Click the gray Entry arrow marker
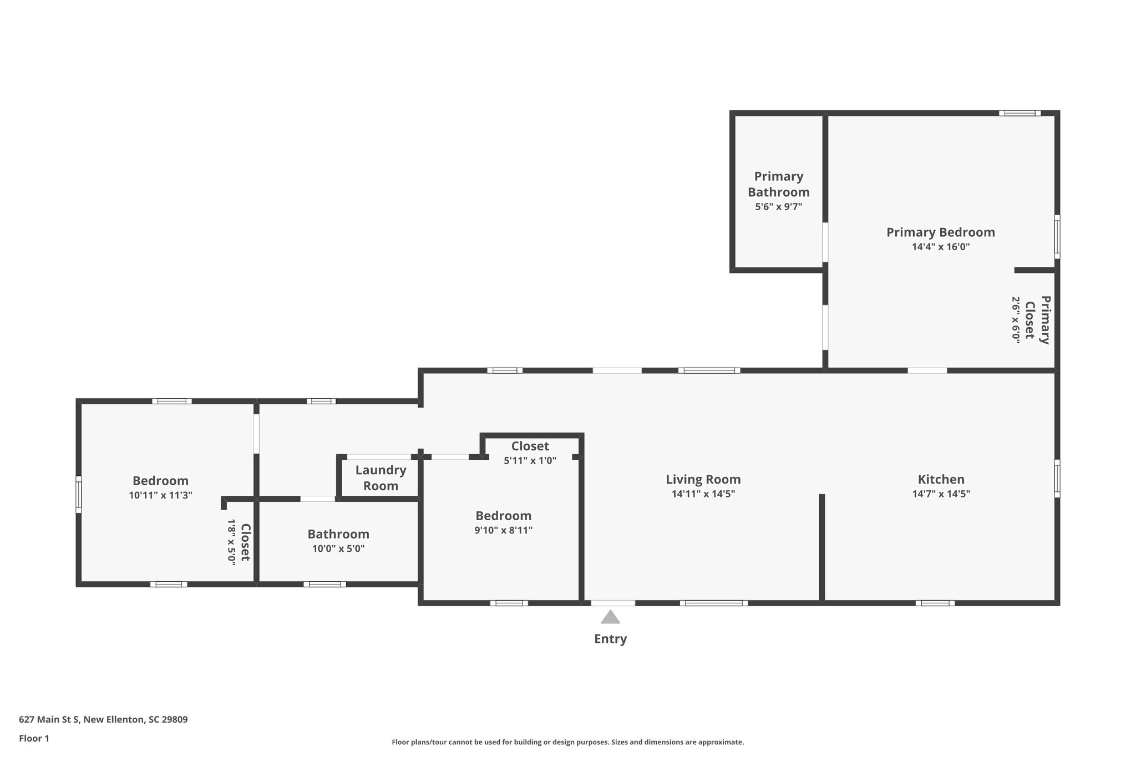click(610, 617)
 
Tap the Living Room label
click(703, 479)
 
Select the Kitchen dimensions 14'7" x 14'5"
click(941, 494)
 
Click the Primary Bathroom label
click(779, 184)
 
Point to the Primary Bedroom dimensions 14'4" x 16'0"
click(941, 247)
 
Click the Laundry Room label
click(381, 478)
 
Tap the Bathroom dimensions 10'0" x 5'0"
click(338, 549)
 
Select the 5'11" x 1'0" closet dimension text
click(530, 460)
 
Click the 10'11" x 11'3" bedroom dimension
click(161, 495)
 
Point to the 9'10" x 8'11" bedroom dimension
click(504, 530)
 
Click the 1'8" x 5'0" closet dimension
click(232, 542)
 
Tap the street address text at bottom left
click(103, 720)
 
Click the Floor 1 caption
click(34, 738)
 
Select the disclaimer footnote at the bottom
click(568, 742)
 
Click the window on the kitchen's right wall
click(1057, 478)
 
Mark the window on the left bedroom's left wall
click(79, 495)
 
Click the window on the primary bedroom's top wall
click(1020, 113)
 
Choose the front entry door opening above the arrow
click(613, 603)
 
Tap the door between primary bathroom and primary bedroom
click(825, 242)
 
